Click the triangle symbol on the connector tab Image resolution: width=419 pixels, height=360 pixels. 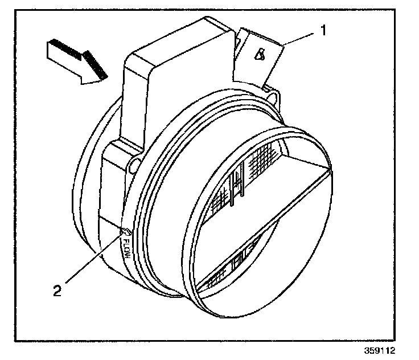click(260, 55)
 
